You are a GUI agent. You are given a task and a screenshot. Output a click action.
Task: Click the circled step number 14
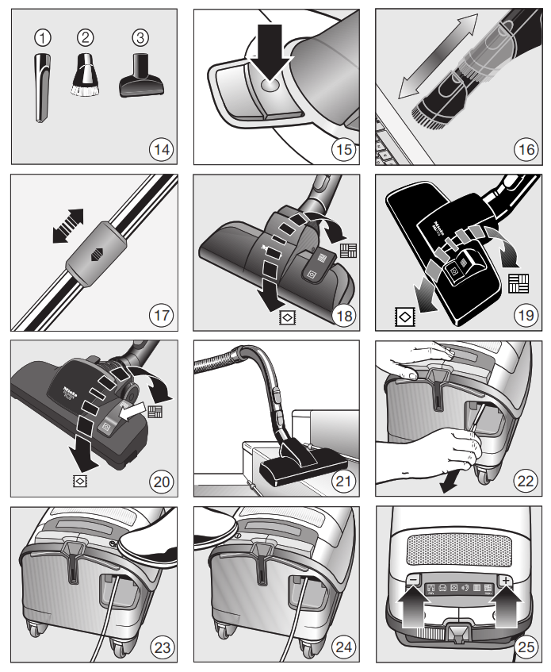[162, 147]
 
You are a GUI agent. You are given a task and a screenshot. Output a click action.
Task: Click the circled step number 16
[526, 147]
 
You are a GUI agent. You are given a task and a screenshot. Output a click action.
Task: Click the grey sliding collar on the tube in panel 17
[94, 252]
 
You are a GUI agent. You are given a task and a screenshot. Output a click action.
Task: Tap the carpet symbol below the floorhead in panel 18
[287, 317]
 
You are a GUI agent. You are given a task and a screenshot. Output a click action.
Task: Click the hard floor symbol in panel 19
[518, 282]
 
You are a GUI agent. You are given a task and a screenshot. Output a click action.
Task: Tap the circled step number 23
[162, 647]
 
